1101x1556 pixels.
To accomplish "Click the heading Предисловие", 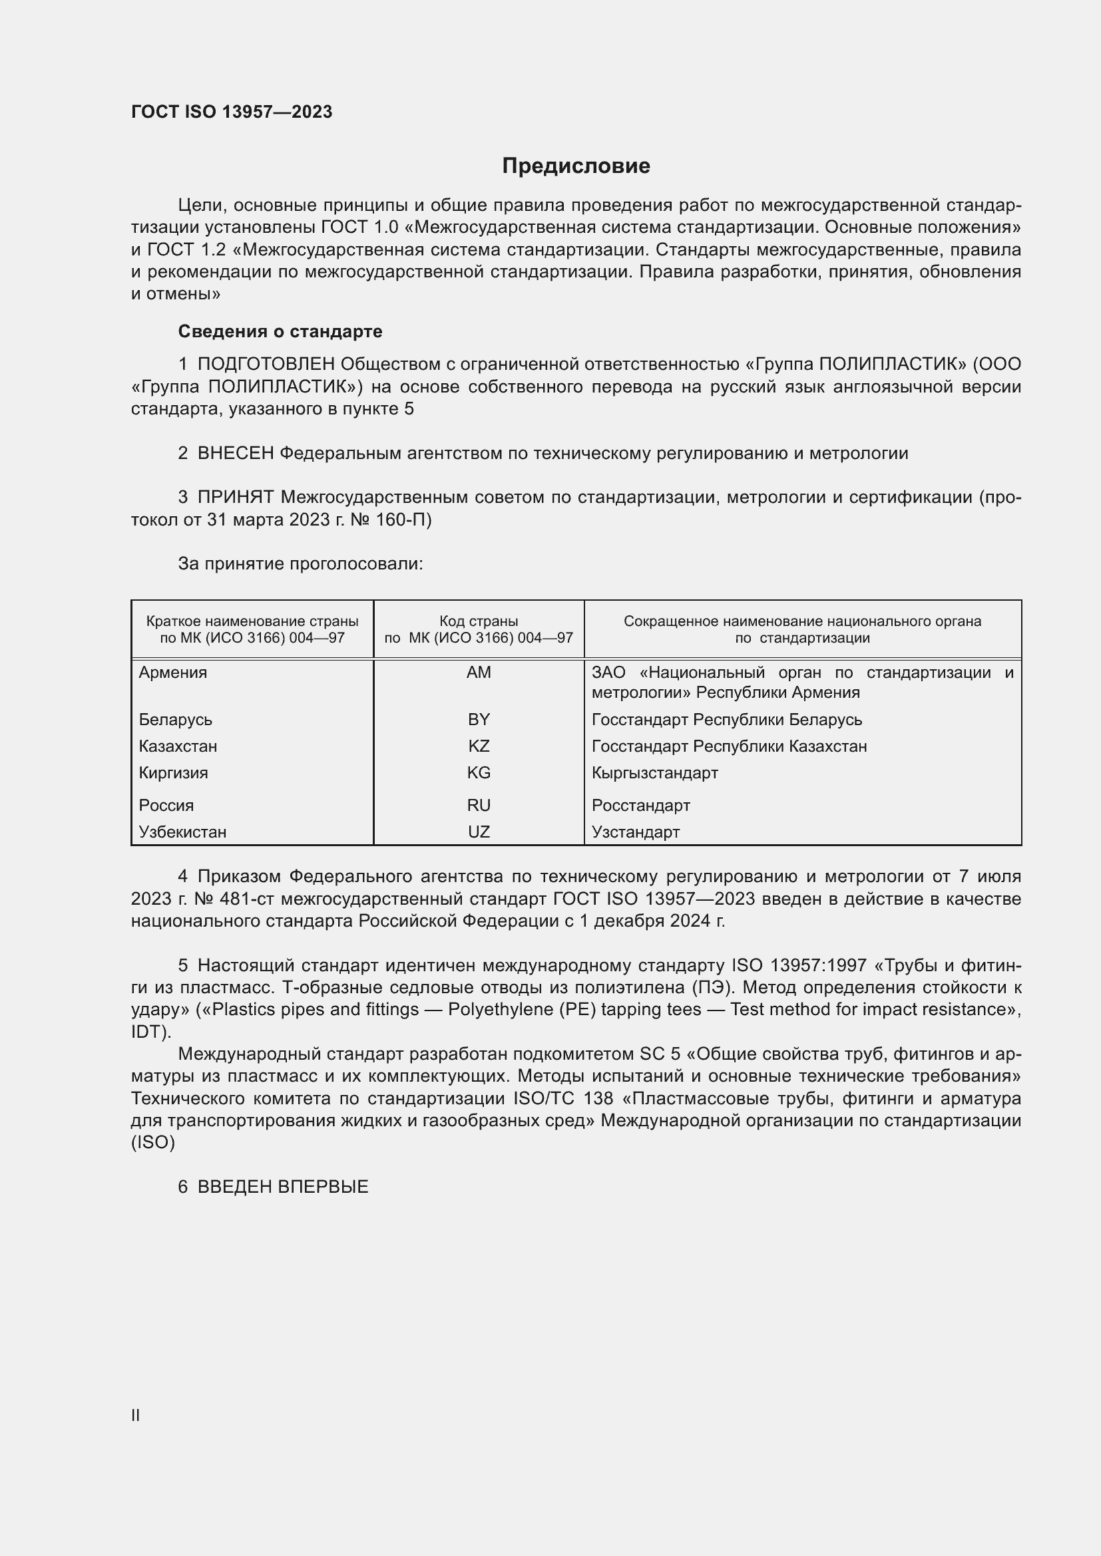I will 576,166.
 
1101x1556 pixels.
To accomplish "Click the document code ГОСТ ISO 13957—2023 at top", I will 232,112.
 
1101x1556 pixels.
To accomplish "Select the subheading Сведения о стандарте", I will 280,331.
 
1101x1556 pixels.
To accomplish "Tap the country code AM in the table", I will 479,673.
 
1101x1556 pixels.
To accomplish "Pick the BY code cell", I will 479,719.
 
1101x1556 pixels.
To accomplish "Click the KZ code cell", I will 479,746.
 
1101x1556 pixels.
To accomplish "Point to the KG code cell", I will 479,772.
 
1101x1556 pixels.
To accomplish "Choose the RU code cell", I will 479,805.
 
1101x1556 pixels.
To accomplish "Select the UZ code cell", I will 479,832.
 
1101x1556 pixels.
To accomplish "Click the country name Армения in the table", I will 173,673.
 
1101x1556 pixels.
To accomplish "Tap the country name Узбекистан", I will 182,832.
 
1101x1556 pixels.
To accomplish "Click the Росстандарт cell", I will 640,805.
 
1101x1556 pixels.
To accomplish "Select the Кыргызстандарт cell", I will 654,772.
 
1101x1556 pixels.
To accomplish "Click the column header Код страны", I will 479,621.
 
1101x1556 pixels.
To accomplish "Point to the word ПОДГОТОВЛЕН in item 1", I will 266,365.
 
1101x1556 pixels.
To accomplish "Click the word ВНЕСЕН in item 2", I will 235,454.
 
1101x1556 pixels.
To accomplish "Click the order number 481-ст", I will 247,899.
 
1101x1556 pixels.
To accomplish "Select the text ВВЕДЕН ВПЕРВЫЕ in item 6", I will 283,1187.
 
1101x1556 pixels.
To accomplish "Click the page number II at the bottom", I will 136,1415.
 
